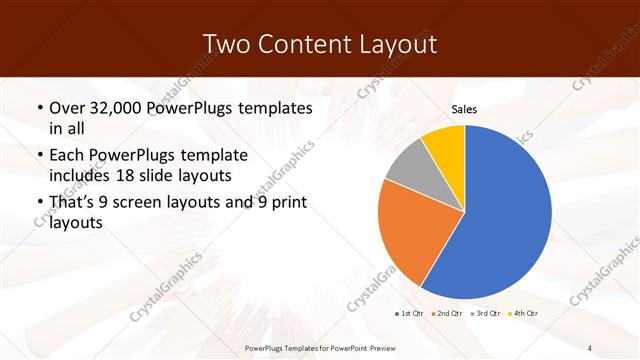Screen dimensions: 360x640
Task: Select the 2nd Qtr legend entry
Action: pos(446,314)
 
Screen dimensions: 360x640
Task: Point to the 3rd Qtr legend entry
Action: pos(486,314)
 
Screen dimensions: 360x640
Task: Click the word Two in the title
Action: pos(229,44)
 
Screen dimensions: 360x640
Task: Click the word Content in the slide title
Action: pos(307,44)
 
